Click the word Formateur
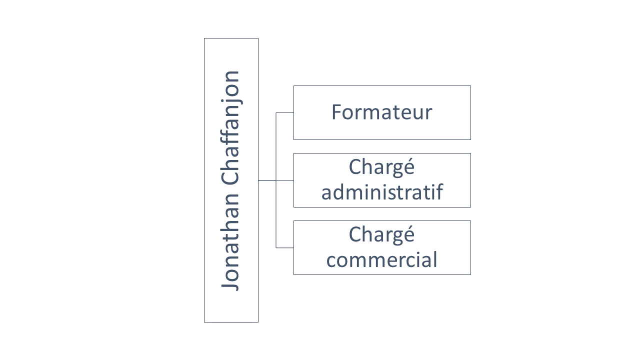click(381, 112)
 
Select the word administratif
click(382, 191)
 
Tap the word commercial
click(381, 259)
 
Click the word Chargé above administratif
click(381, 167)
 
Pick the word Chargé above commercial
click(381, 234)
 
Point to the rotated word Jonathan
click(230, 241)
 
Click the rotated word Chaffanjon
click(230, 127)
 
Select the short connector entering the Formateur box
click(284, 113)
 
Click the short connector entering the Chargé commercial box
click(284, 247)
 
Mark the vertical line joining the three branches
click(276, 180)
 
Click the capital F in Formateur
click(337, 112)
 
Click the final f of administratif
click(439, 191)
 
